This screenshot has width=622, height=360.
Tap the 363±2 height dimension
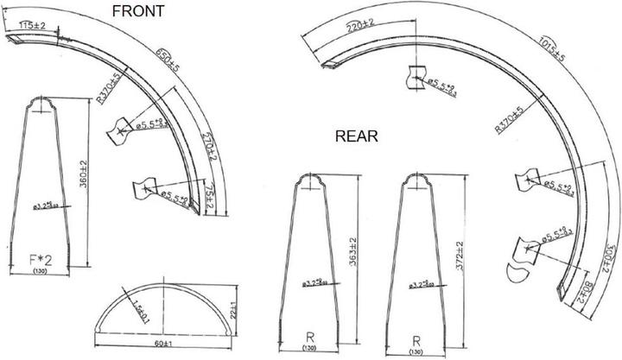pos(352,249)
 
